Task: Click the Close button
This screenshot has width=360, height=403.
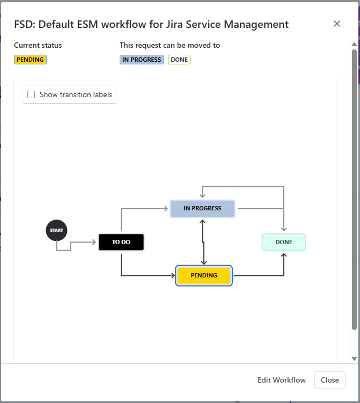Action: pos(329,380)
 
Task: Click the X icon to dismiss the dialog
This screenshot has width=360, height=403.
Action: pos(337,24)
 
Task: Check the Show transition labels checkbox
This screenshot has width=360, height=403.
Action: pos(31,94)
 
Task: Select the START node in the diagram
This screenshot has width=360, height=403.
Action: pos(56,230)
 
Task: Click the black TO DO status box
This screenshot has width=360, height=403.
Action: pos(121,242)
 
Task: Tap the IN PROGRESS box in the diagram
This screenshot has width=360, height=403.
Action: pos(202,208)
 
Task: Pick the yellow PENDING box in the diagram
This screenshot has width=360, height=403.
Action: pos(204,275)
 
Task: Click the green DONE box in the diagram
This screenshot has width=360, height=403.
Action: pos(284,242)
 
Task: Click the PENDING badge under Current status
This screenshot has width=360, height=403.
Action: pos(30,60)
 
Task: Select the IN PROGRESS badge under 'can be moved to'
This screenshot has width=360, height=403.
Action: pos(142,60)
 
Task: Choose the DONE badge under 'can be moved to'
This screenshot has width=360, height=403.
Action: pos(179,60)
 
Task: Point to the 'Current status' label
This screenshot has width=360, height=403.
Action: pos(38,46)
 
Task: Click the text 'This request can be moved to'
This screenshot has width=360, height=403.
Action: pos(170,46)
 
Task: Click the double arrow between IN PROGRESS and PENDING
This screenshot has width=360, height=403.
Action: pos(203,241)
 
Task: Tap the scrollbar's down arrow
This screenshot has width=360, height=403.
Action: pos(354,358)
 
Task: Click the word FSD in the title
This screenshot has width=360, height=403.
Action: pos(24,24)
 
